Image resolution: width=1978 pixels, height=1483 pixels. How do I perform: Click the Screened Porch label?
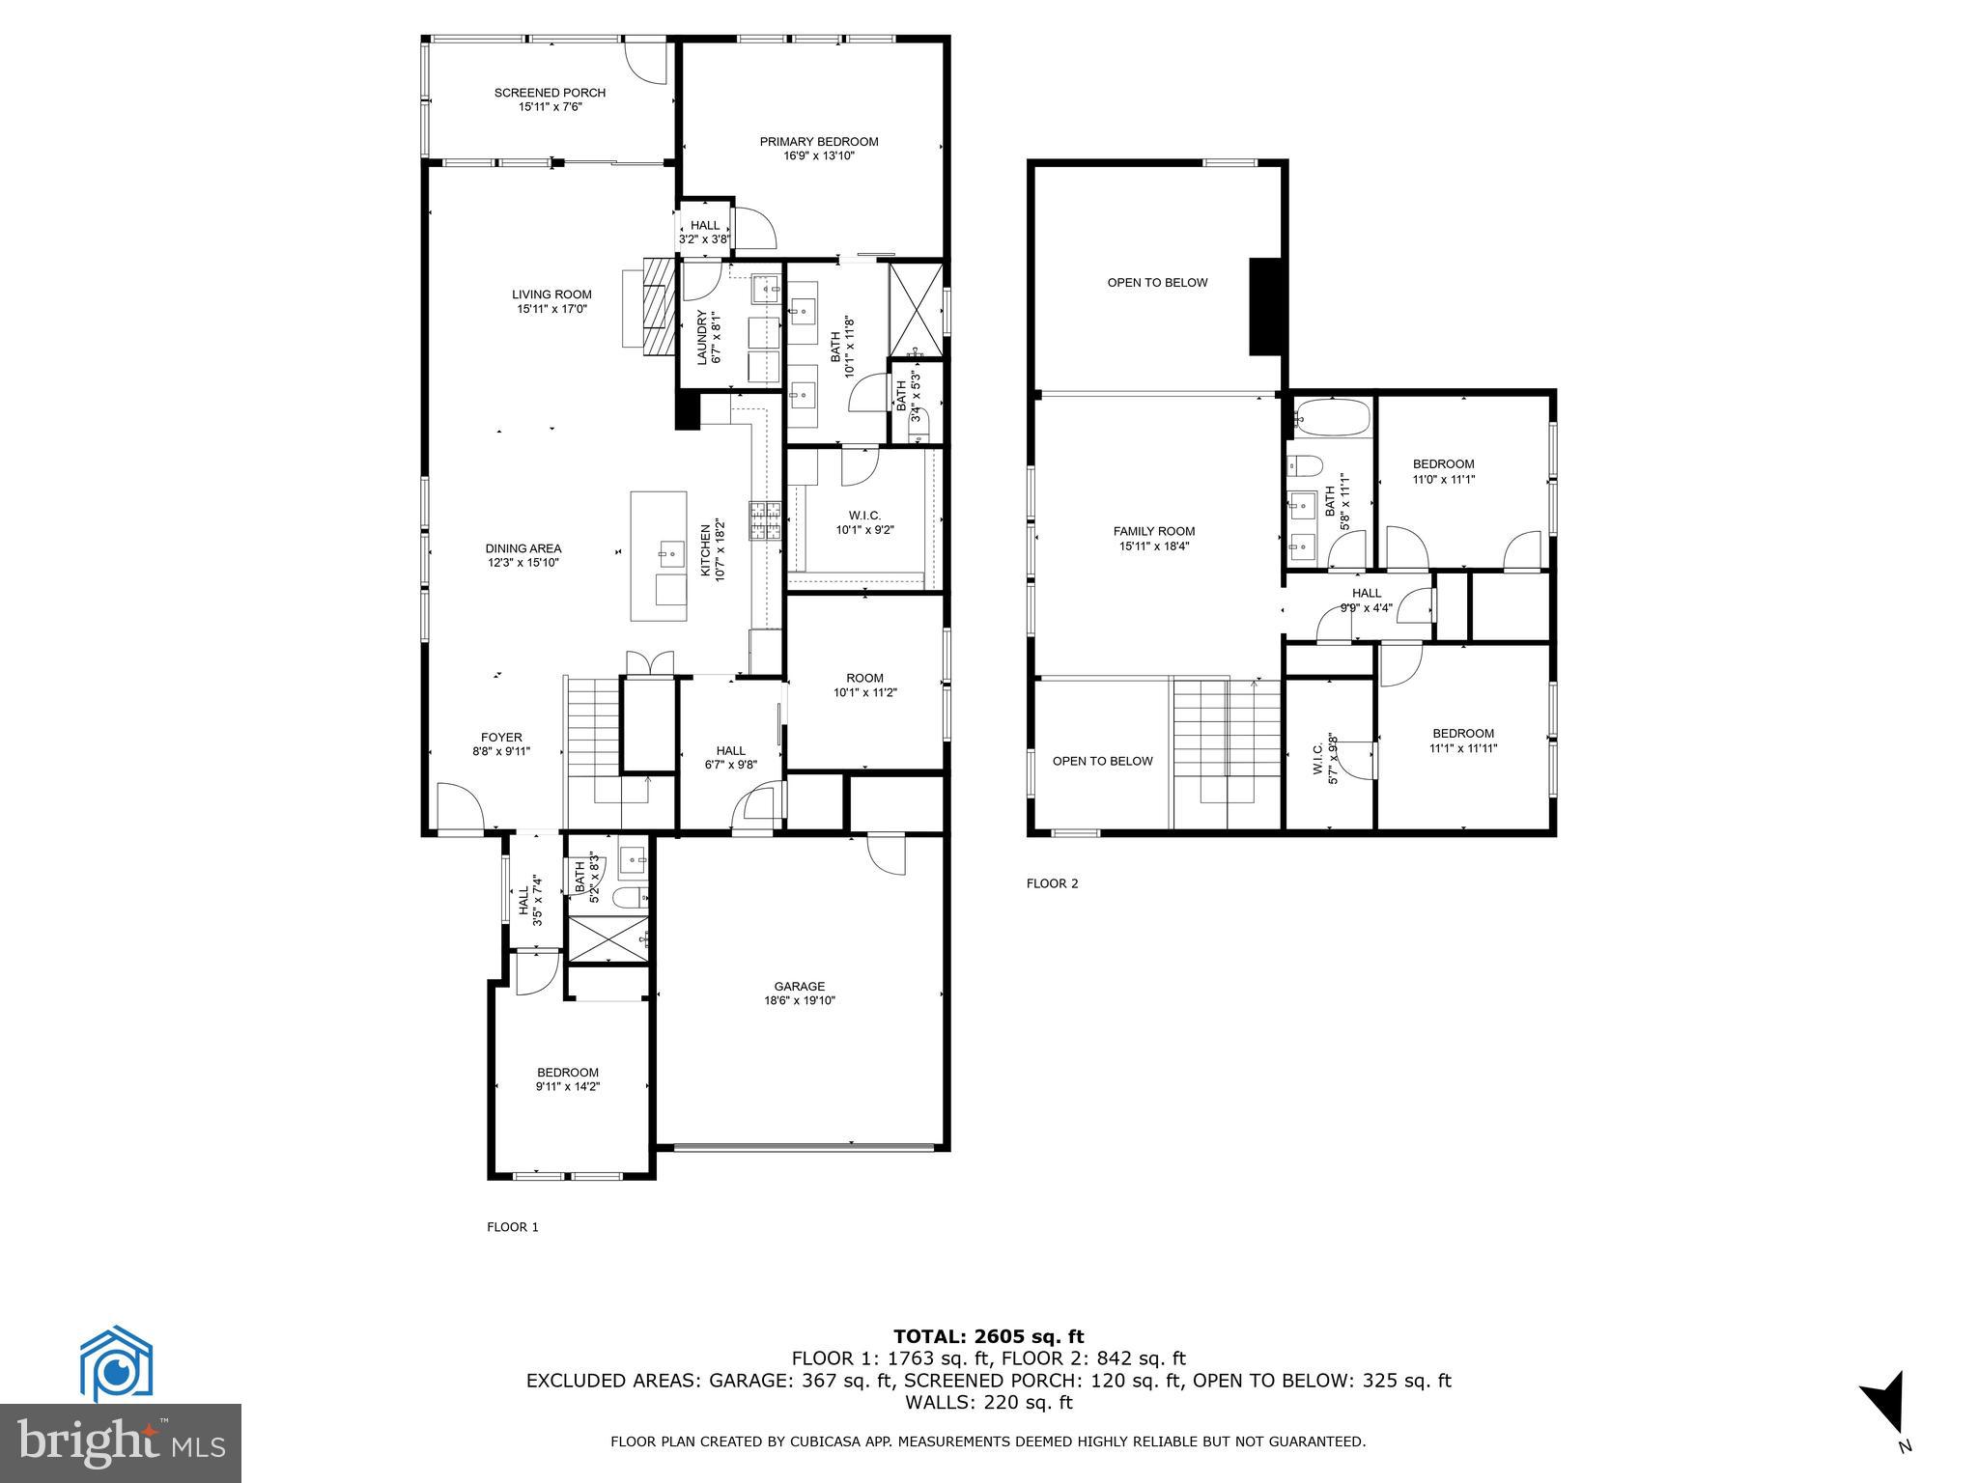(550, 93)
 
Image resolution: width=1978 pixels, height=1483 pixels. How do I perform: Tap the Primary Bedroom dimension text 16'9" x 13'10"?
(818, 155)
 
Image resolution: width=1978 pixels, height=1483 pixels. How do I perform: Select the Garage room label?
(799, 986)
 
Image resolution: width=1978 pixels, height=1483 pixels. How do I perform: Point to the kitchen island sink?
(670, 554)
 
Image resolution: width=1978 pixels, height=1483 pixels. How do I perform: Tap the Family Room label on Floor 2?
(1153, 531)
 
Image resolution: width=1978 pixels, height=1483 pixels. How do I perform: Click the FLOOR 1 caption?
(512, 1227)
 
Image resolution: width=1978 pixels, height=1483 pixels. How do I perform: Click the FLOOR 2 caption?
(1052, 883)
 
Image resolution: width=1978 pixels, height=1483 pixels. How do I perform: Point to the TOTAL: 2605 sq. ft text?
(988, 1336)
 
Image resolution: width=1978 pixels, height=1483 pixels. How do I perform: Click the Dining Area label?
(523, 548)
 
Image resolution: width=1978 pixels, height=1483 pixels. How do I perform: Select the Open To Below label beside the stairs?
(1102, 761)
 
